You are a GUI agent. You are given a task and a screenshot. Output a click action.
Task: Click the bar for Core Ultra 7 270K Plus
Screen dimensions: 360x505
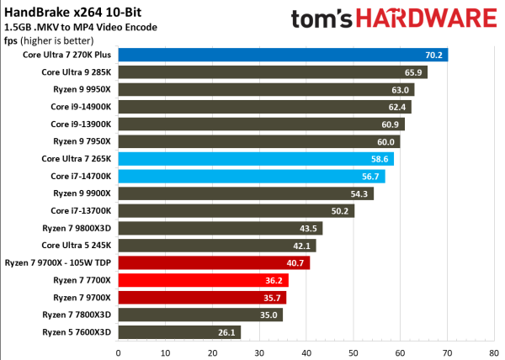pos(282,55)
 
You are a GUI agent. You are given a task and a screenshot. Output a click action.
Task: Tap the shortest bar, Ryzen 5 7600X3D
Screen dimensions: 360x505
pos(179,332)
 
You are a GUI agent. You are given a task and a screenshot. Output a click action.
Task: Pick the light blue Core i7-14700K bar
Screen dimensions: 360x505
pos(251,176)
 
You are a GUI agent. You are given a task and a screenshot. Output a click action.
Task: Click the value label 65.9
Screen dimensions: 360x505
pos(415,72)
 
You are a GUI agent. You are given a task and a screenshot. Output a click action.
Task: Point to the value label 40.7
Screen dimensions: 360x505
pos(297,263)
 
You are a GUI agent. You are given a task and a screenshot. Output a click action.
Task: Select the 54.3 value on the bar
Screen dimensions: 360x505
pos(361,193)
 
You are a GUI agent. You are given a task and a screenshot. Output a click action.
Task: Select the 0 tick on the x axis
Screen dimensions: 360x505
pos(118,352)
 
